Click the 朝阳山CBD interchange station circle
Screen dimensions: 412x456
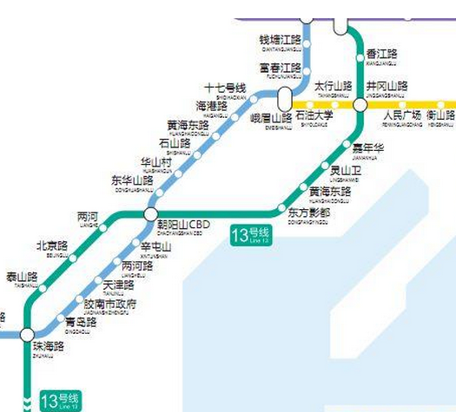pyautogui.click(x=151, y=214)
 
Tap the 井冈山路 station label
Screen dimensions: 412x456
pyautogui.click(x=386, y=88)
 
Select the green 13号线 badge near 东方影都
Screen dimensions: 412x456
pyautogui.click(x=251, y=234)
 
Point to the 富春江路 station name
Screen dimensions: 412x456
pyautogui.click(x=281, y=68)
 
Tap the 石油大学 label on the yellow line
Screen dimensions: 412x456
pyautogui.click(x=314, y=115)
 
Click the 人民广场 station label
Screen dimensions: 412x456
pyautogui.click(x=402, y=115)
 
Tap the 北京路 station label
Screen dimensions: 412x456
pyautogui.click(x=51, y=246)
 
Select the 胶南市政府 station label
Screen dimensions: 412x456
pyautogui.click(x=109, y=305)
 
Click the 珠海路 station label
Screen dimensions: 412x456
pyautogui.click(x=43, y=347)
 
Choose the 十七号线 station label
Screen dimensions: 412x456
pyautogui.click(x=225, y=89)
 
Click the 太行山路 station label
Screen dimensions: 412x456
pyautogui.click(x=333, y=88)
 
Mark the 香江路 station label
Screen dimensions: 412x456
pyautogui.click(x=381, y=53)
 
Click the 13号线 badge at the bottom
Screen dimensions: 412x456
pyautogui.click(x=63, y=400)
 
